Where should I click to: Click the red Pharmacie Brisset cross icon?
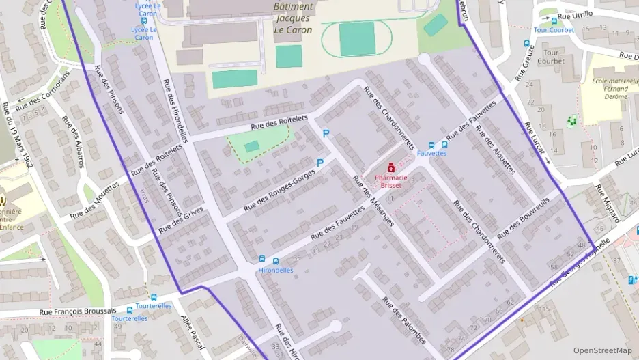[x=391, y=167]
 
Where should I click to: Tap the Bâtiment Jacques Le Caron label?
[x=293, y=18]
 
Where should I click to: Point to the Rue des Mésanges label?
[x=373, y=202]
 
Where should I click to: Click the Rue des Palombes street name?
[x=404, y=320]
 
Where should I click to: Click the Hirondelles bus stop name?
[x=275, y=270]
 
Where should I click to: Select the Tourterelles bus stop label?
[x=130, y=318]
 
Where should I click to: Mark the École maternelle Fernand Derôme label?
[x=610, y=89]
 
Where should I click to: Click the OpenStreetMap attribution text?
[x=603, y=350]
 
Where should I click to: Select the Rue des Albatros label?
[x=73, y=141]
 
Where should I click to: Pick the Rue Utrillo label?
[x=575, y=14]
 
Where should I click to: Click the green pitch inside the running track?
[x=357, y=39]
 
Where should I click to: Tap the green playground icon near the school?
[x=572, y=121]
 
